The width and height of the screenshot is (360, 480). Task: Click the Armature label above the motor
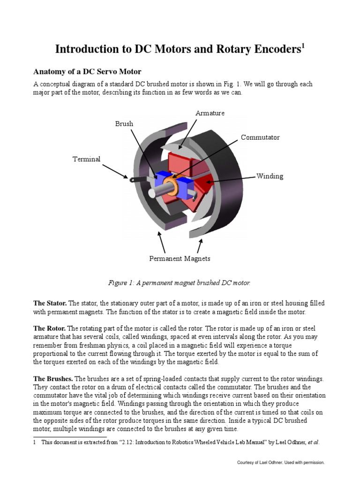(x=210, y=113)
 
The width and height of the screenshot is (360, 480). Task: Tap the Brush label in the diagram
(x=124, y=124)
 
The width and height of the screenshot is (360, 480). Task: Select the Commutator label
(x=260, y=137)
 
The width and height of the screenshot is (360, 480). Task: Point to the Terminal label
(x=86, y=159)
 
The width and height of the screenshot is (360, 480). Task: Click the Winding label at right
(x=270, y=176)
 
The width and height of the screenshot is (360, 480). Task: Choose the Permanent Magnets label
(x=180, y=258)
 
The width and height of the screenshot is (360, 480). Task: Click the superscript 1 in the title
(x=303, y=45)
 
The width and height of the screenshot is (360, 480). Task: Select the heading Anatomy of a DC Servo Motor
(x=87, y=72)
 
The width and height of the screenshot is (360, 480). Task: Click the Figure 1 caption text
(x=180, y=283)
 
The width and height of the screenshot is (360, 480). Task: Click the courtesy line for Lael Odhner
(x=281, y=463)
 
